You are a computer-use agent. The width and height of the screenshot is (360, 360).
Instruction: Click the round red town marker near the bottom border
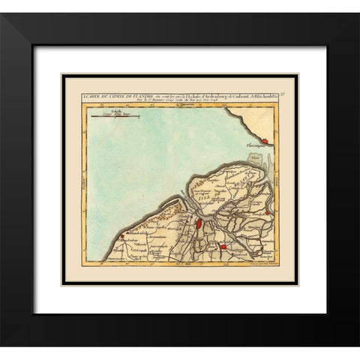click(x=223, y=247)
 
